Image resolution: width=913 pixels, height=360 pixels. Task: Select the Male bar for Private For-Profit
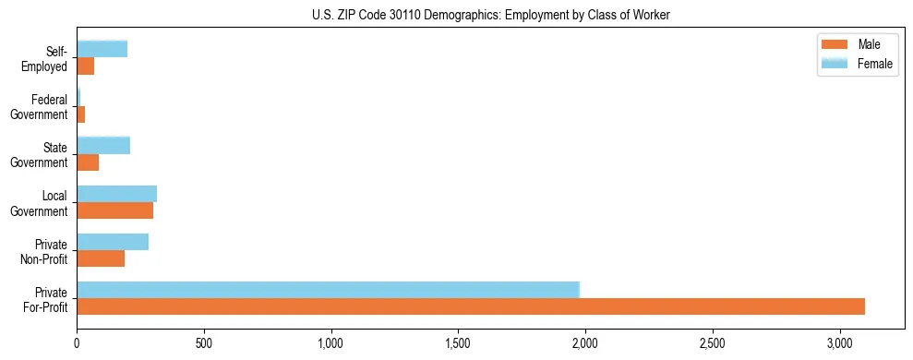(x=471, y=306)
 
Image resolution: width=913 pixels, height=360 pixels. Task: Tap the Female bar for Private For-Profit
(x=328, y=290)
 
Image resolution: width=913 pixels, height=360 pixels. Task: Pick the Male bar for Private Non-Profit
(x=101, y=258)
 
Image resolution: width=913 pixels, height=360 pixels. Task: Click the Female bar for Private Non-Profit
(x=113, y=242)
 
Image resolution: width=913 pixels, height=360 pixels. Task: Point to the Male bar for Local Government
(x=114, y=210)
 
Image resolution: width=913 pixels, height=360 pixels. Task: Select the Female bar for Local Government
(x=116, y=194)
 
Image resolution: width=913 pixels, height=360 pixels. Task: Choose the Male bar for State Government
(x=88, y=162)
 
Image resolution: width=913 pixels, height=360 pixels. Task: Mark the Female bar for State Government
(x=103, y=146)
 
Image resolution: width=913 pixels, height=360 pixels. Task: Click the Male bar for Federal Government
(x=81, y=114)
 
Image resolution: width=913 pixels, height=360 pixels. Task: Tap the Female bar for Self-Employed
(x=102, y=50)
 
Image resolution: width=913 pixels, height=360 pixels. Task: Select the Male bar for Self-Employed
(x=86, y=66)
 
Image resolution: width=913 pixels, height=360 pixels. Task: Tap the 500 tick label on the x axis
(x=204, y=342)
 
